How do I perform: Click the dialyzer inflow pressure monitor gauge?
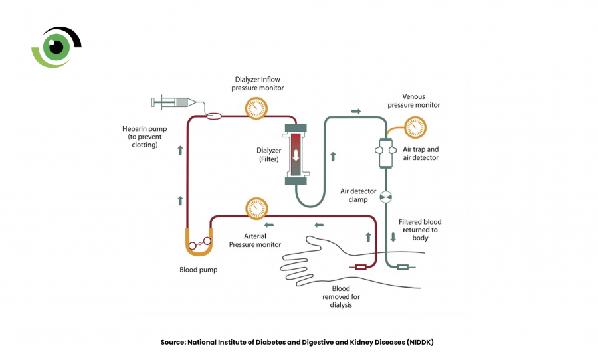point(256,108)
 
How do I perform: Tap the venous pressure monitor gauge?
point(415,128)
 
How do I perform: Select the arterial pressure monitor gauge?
point(256,208)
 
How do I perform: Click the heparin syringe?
point(174,102)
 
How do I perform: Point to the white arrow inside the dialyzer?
point(296,155)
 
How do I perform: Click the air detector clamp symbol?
point(386,197)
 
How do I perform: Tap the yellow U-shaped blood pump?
point(199,242)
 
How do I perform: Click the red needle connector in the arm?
point(360,267)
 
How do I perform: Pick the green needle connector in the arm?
point(403,267)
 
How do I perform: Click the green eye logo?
point(56,47)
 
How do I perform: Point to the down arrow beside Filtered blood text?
point(393,237)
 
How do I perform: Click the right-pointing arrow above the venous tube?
point(356,112)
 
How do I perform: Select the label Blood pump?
point(198,270)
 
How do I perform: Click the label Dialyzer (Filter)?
point(269,155)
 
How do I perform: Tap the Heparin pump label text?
point(145,137)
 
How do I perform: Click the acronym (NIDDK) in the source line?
point(420,342)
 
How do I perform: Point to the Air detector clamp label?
point(358,195)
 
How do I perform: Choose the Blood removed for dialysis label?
point(341,296)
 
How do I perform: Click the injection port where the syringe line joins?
point(214,116)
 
